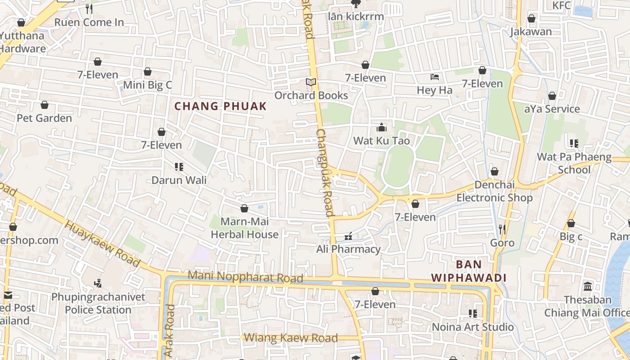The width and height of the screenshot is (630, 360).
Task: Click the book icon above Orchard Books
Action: (311, 82)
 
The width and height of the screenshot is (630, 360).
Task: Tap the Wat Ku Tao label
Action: (381, 141)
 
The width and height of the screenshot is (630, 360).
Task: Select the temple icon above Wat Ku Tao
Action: (382, 127)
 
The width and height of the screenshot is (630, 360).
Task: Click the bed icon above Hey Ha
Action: (435, 77)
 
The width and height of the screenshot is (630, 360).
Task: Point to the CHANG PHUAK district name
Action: (220, 107)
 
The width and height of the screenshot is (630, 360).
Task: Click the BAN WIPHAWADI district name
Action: (469, 271)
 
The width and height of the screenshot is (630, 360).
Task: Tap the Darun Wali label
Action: (179, 180)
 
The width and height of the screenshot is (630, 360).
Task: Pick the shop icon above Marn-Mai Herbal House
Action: (244, 208)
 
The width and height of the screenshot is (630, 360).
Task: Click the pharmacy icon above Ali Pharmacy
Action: (348, 236)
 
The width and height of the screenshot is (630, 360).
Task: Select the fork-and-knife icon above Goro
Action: (502, 229)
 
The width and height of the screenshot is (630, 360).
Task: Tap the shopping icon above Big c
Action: (571, 223)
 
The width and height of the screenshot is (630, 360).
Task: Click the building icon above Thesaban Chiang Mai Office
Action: (588, 287)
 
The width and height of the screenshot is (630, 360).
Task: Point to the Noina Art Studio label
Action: (472, 327)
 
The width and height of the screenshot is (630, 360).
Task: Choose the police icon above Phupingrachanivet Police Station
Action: (98, 283)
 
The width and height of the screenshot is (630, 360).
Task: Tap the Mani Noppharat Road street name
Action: (245, 276)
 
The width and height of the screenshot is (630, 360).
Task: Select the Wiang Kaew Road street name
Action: (291, 338)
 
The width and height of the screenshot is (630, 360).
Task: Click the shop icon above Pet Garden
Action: (45, 105)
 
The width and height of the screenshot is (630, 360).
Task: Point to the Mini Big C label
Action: (148, 85)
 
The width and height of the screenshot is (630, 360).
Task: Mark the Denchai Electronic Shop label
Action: (495, 191)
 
